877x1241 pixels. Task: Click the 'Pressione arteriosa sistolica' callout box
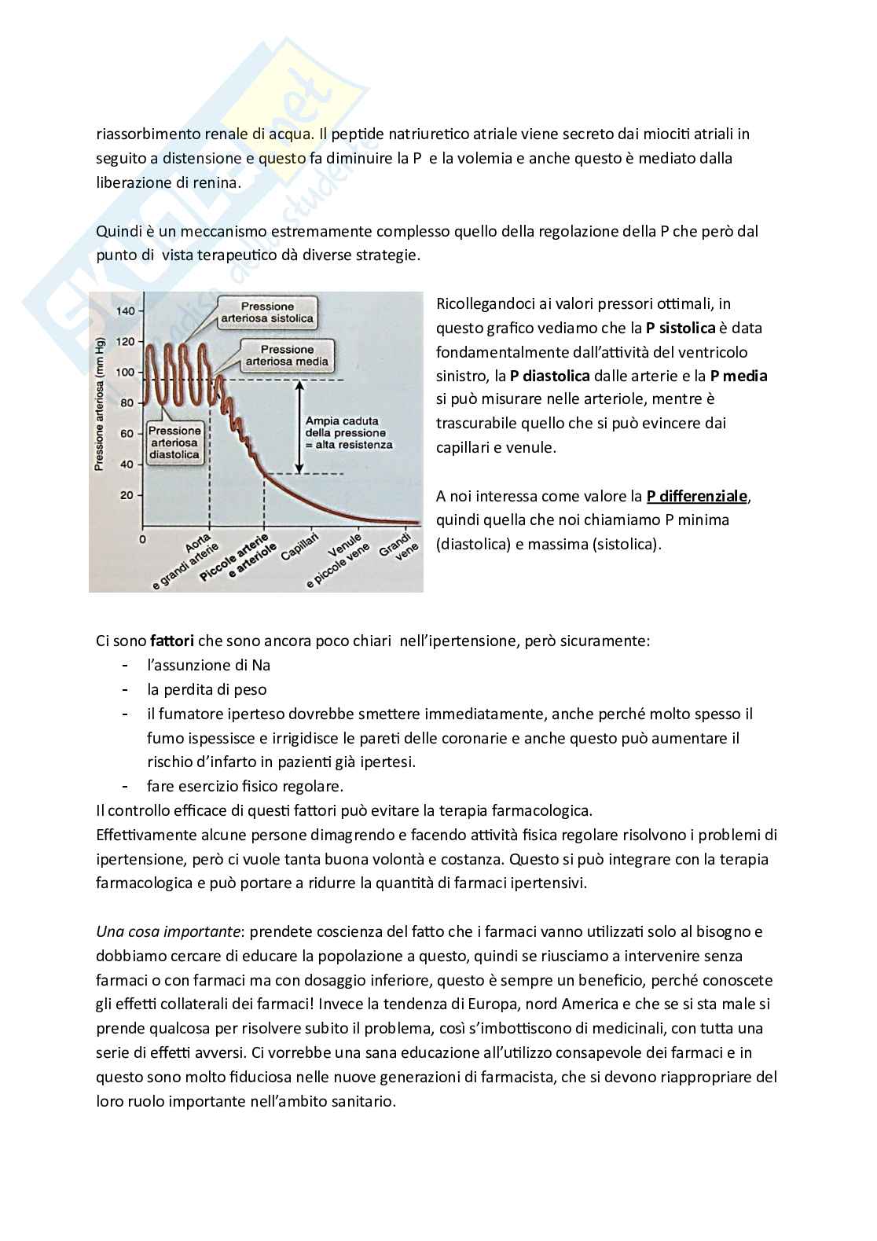pos(267,312)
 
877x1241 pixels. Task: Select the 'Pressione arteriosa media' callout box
pos(287,355)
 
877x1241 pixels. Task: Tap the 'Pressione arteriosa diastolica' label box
pos(174,442)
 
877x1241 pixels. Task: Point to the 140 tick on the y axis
pos(125,311)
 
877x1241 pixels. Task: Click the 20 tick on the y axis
pos(127,495)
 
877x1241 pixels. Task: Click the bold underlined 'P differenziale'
pos(697,496)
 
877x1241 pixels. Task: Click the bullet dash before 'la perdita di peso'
pos(126,689)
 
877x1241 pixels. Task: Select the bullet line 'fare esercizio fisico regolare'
pos(244,786)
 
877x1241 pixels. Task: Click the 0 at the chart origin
pos(142,539)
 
